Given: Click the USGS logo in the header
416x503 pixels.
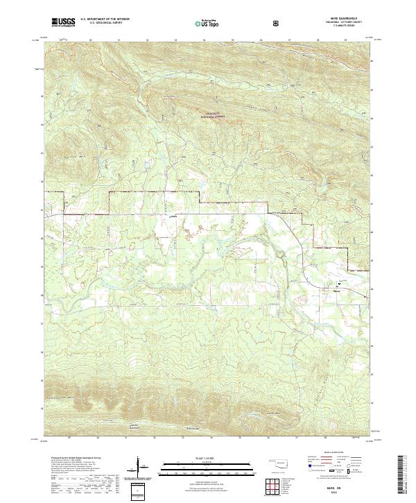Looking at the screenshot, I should click(x=63, y=22).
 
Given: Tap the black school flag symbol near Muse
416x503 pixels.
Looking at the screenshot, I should click(x=339, y=284).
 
